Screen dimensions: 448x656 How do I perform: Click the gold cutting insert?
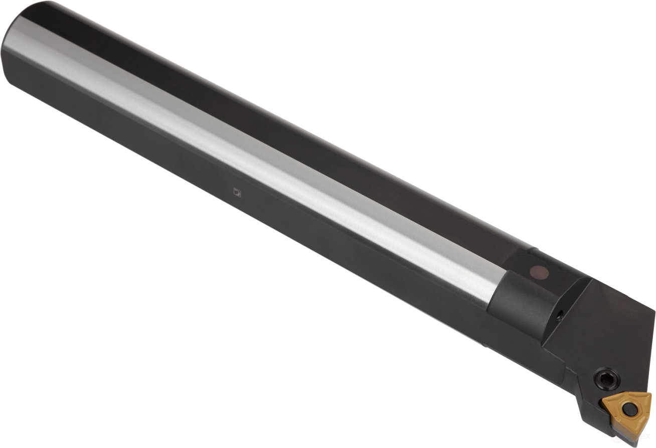click(627, 411)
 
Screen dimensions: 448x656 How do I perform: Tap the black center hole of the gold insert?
click(630, 410)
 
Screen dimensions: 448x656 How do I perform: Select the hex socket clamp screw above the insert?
click(607, 379)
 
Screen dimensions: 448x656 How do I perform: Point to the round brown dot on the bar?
click(539, 272)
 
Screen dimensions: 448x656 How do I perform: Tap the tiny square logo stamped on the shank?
click(237, 192)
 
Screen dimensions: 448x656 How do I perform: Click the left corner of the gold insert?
click(604, 400)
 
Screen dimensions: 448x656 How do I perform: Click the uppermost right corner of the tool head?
click(654, 311)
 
